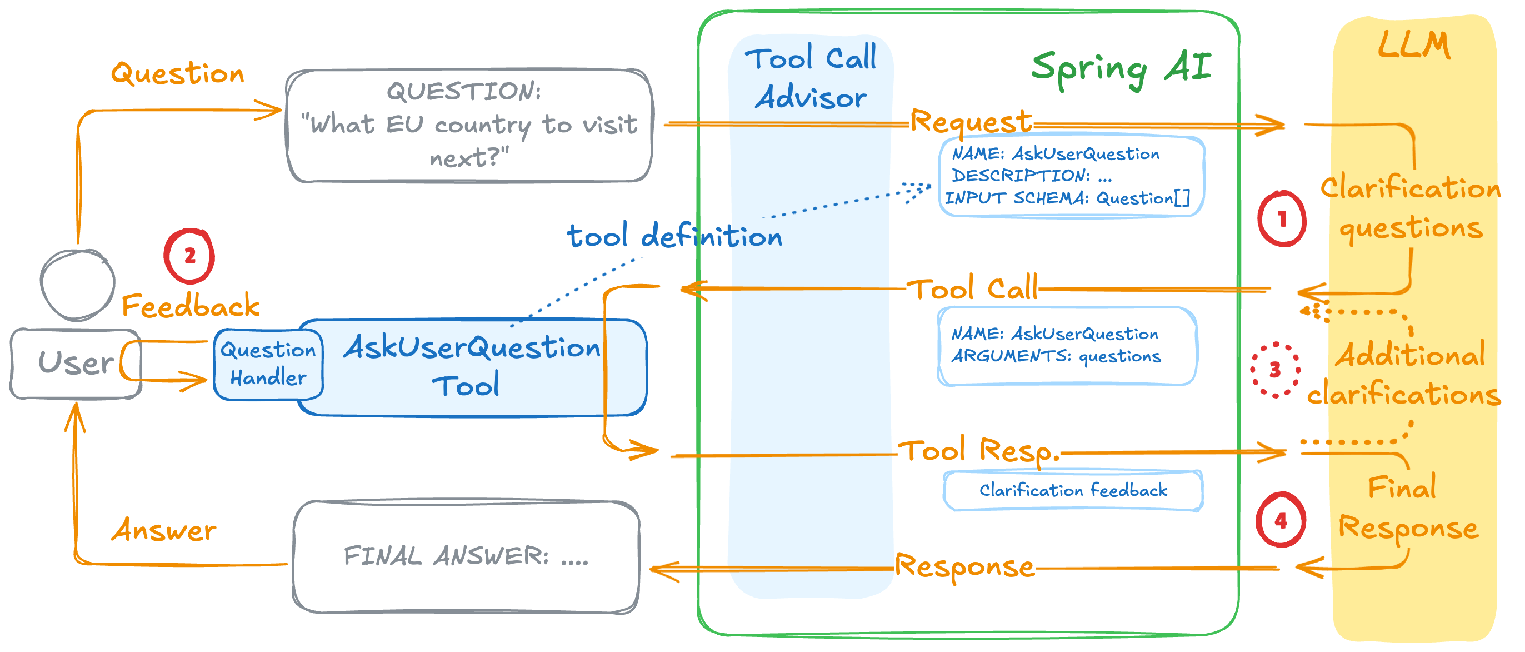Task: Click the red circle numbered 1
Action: pos(1281,219)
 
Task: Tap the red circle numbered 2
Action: pos(189,256)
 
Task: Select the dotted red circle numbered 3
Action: pos(1274,370)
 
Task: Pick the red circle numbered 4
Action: pos(1280,520)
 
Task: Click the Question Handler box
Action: pos(268,364)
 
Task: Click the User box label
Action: pos(75,363)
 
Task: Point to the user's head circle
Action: pos(77,284)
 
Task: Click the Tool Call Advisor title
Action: pos(810,77)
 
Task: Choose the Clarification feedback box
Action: pos(1073,490)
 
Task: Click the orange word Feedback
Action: pos(190,306)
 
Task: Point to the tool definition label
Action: pos(674,236)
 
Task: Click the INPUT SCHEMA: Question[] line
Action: pos(1067,198)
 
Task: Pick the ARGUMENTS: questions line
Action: pos(1056,356)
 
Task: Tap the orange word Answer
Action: pos(164,530)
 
